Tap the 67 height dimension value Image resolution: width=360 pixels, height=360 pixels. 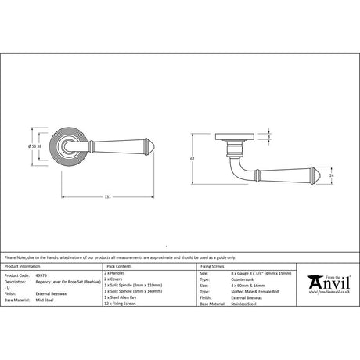click(x=202, y=158)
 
